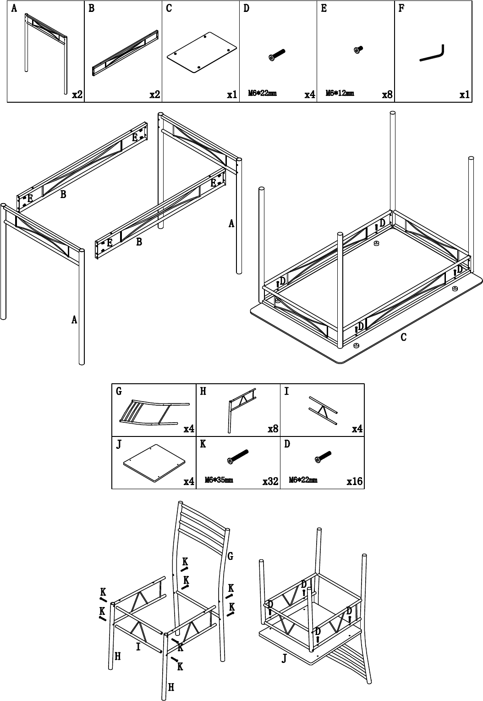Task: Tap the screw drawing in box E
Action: pyautogui.click(x=358, y=50)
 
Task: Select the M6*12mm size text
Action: pyautogui.click(x=340, y=93)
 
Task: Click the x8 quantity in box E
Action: pyautogui.click(x=387, y=94)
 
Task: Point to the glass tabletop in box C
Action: pyautogui.click(x=202, y=53)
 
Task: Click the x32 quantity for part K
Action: pyautogui.click(x=270, y=481)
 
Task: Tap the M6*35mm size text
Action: pyautogui.click(x=219, y=480)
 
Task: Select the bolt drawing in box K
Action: pyautogui.click(x=238, y=457)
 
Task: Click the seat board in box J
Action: pyautogui.click(x=154, y=463)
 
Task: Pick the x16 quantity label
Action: pyautogui.click(x=354, y=481)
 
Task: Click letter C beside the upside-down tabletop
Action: pyautogui.click(x=404, y=337)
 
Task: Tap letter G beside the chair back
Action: pyautogui.click(x=230, y=556)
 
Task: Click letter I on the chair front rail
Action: pyautogui.click(x=138, y=646)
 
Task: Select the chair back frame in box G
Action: pyautogui.click(x=154, y=413)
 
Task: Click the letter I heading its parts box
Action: pyautogui.click(x=287, y=391)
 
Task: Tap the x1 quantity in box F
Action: pyautogui.click(x=465, y=94)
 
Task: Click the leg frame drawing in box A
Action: pyautogui.click(x=46, y=53)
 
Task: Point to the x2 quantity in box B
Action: pyautogui.click(x=154, y=94)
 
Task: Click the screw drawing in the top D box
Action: pyautogui.click(x=277, y=55)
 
